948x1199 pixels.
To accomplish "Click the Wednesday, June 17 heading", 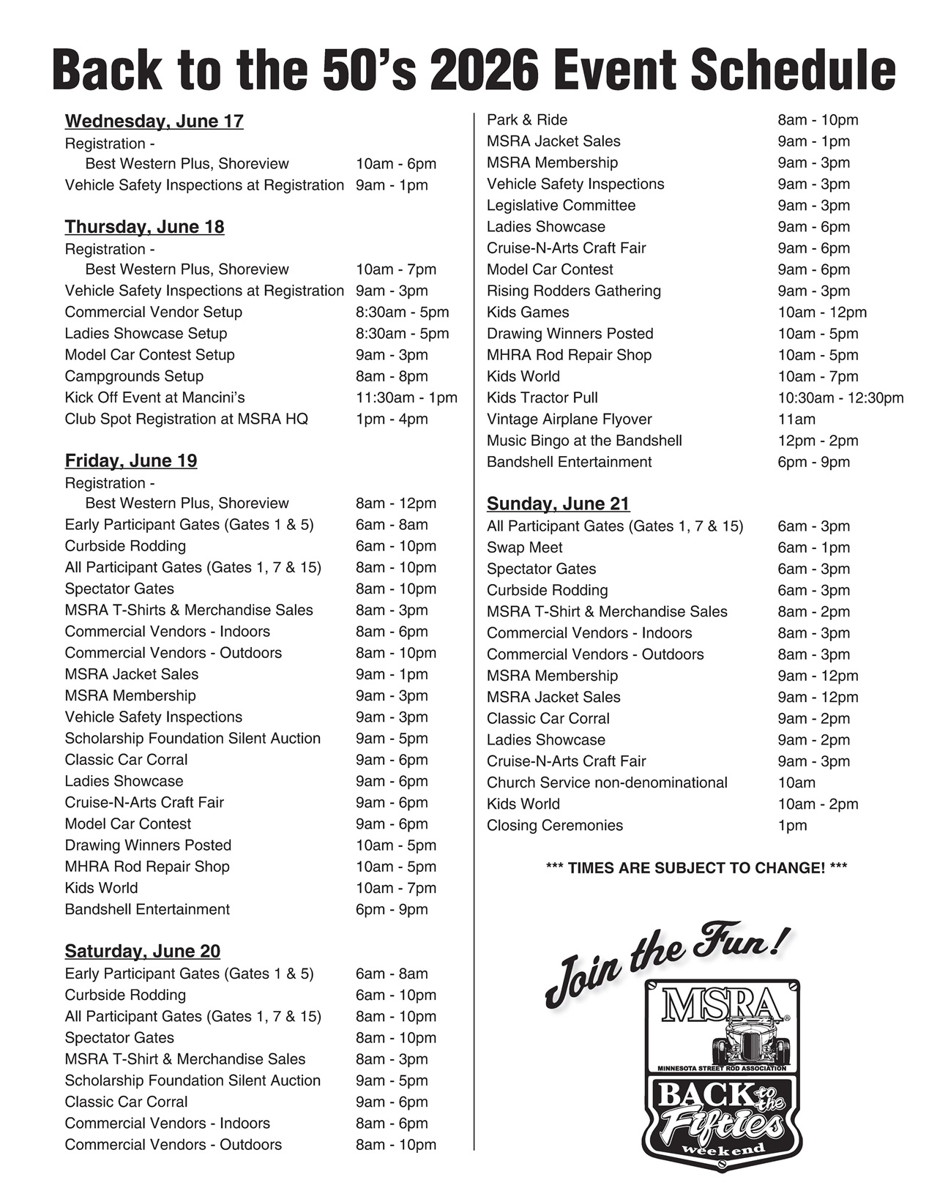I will (x=154, y=122).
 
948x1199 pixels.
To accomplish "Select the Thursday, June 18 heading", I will (x=144, y=227).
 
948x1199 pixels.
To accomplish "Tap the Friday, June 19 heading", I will (x=130, y=460).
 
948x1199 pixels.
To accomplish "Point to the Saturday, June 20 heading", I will (x=142, y=951).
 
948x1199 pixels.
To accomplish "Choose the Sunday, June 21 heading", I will (x=558, y=504).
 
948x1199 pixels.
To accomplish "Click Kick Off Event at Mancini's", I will (x=154, y=397).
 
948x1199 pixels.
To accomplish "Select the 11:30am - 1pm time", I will (x=406, y=397).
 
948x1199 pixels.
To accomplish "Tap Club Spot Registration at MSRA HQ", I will (x=186, y=419).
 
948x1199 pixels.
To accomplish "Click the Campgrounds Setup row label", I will (x=134, y=376).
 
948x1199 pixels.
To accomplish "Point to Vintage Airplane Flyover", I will (x=569, y=419).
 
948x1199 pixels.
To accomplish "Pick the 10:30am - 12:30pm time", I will (x=840, y=398).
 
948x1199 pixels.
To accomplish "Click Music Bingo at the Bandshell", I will (x=584, y=441).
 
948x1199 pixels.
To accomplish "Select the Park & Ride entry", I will (x=527, y=120).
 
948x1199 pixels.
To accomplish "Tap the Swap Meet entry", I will (x=524, y=548).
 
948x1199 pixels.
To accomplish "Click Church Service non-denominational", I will (x=607, y=782).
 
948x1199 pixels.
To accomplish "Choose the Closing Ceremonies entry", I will (x=555, y=826).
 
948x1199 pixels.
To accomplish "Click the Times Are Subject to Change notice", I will (x=696, y=868).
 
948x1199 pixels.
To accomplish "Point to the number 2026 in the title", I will (x=484, y=72).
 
